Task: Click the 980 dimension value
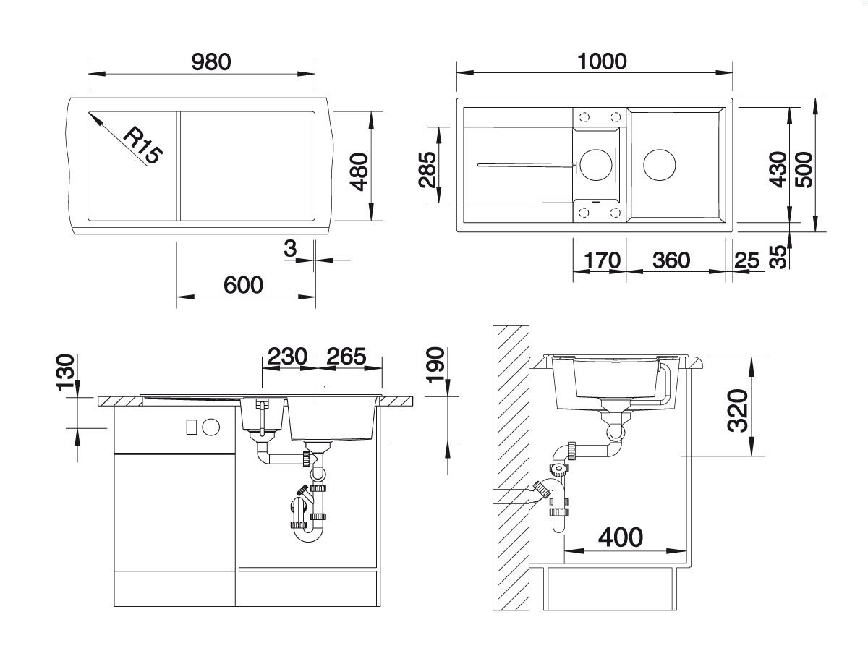point(211,62)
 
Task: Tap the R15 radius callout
point(143,145)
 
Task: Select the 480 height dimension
point(359,171)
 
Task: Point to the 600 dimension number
point(243,285)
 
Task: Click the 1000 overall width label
point(602,61)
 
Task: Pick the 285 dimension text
point(427,169)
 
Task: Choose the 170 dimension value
point(603,260)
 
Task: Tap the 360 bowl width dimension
point(671,260)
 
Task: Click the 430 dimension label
point(778,169)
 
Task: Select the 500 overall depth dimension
point(804,169)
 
